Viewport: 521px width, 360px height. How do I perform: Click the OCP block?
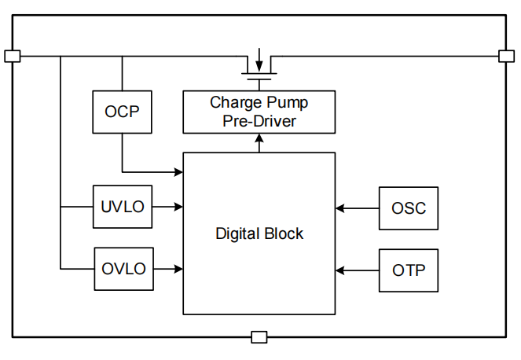pos(122,112)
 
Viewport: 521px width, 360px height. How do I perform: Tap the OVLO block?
pos(123,269)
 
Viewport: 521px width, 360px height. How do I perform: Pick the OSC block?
pos(408,208)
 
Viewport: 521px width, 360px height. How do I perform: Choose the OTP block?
pos(408,270)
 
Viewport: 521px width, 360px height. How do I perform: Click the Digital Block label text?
pos(259,233)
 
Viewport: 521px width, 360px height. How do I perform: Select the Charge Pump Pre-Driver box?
pos(259,112)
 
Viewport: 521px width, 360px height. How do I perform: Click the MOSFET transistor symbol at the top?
pos(259,68)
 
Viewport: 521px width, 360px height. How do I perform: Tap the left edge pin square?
pos(12,56)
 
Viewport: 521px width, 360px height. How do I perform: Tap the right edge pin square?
pos(506,56)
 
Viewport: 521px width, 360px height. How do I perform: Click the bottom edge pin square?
pos(259,337)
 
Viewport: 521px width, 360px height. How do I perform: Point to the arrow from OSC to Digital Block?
pos(357,208)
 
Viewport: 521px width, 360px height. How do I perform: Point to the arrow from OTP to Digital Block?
pos(357,270)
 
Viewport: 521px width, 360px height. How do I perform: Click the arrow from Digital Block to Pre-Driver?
pos(259,142)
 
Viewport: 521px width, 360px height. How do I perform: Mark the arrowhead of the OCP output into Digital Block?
pos(178,171)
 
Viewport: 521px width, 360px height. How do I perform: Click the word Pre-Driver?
pos(259,121)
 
